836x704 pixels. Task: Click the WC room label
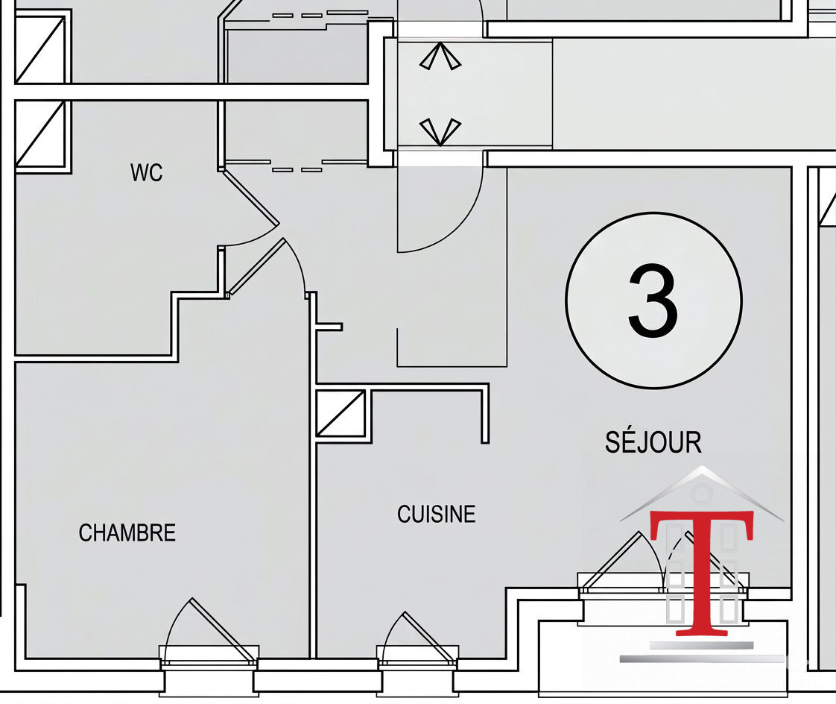coord(147,172)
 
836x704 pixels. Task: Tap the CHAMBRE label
coord(127,532)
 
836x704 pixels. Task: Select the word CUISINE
coord(436,514)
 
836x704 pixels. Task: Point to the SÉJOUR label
coord(653,442)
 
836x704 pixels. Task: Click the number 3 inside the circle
coord(653,301)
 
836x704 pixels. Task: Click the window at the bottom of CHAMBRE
coord(209,656)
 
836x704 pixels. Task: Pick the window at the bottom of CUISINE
coord(417,656)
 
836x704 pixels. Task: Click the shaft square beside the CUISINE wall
coord(341,414)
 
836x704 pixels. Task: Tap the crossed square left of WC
coord(42,133)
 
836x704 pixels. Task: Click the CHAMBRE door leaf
coord(256,266)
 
